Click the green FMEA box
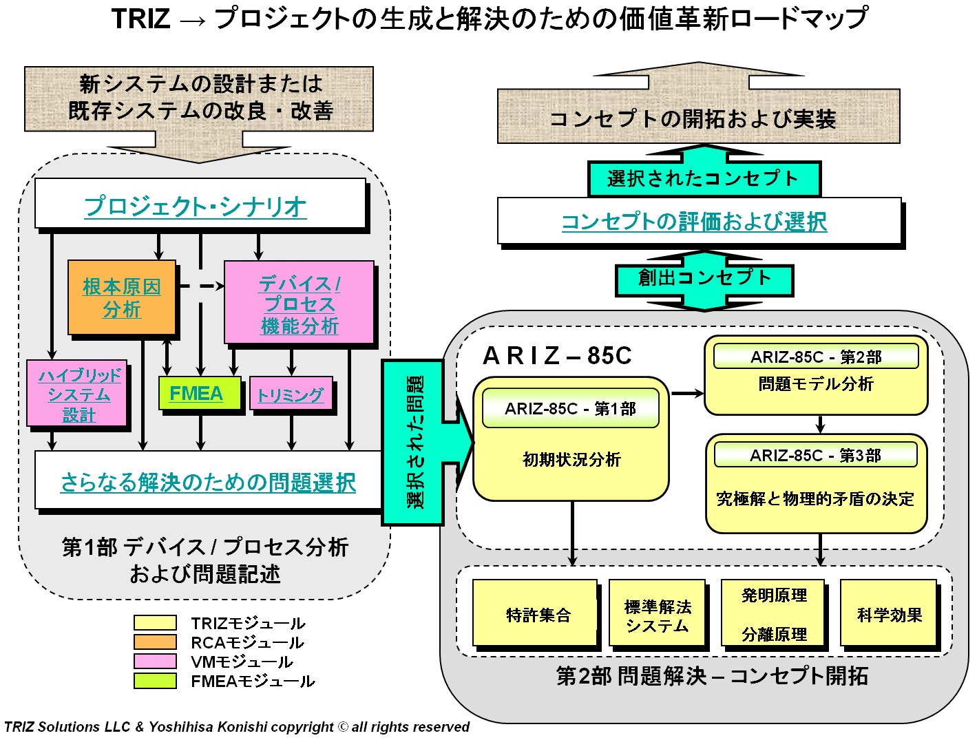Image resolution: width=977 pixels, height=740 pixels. tap(200, 394)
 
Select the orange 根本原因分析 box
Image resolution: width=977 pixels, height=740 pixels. tap(122, 298)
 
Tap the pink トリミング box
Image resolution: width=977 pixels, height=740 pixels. tap(291, 394)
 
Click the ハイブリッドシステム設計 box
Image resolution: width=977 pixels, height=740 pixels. tap(78, 394)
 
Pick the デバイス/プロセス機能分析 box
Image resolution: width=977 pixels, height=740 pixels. tap(300, 304)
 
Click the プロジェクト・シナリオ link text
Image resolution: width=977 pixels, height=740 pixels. tap(196, 206)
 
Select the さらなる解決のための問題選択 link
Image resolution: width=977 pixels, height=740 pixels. tap(208, 482)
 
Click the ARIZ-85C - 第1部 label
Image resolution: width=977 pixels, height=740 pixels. tap(570, 409)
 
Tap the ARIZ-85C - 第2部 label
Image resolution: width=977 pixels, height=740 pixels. tap(816, 357)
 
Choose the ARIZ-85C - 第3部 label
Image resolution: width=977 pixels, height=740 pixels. tap(815, 455)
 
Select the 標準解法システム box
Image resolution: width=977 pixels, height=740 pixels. tap(658, 615)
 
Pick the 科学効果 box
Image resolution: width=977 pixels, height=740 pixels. tap(889, 614)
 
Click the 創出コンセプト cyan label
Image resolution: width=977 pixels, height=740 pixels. tap(704, 278)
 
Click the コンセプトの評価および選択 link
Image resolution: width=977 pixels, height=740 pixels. tap(694, 222)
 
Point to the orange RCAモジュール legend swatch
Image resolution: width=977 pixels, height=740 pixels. tap(155, 642)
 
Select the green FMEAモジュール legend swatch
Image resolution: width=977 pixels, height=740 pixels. tap(155, 680)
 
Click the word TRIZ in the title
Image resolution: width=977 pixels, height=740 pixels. tap(140, 19)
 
